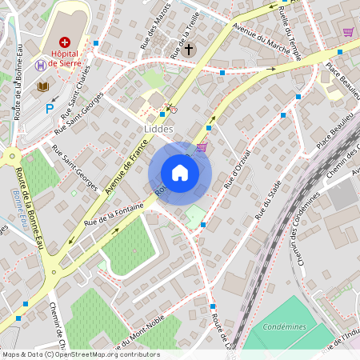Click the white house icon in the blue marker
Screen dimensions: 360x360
(180, 172)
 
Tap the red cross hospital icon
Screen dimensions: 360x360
(64, 41)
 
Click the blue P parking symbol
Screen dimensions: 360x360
(49, 108)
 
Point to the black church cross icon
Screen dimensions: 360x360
(189, 50)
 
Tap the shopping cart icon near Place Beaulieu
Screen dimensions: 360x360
(348, 32)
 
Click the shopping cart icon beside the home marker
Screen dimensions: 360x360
(202, 146)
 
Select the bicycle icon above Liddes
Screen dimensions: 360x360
(171, 109)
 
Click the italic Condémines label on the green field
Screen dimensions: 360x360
(283, 327)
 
